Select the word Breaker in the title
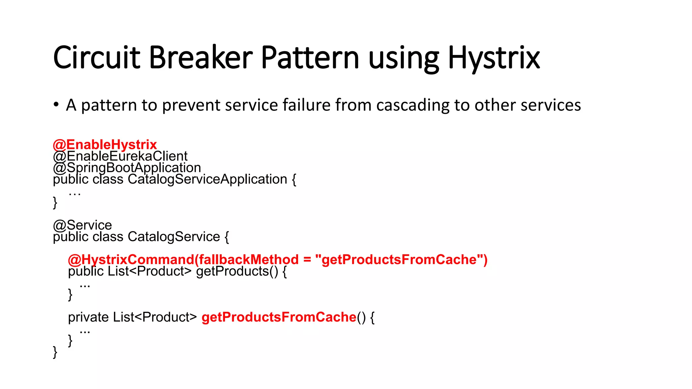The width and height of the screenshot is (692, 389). pos(201,58)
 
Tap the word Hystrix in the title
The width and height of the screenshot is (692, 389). pos(494,58)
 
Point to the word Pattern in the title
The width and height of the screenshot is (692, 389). pos(310,58)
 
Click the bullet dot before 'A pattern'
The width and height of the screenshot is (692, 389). pos(56,104)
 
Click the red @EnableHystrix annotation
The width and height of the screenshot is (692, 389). pos(105,145)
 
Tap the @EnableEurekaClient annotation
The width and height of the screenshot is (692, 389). pos(120,156)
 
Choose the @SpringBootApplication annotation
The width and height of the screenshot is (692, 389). pos(127,167)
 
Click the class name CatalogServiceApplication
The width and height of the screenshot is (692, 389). pos(207,179)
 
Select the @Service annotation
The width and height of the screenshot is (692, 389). pos(82,225)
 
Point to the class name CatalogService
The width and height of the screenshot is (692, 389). pos(174,237)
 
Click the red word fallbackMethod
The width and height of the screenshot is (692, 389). pos(249,260)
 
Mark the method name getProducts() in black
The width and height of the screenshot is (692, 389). pos(237,271)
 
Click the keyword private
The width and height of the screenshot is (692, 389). pos(88,317)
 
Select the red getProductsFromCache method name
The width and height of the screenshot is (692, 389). pos(279,317)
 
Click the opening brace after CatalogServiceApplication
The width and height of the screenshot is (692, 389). pos(294,180)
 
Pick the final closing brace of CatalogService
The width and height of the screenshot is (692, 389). pos(55,352)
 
